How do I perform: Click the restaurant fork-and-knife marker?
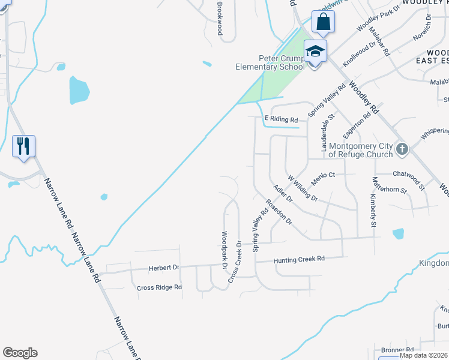pyautogui.click(x=23, y=146)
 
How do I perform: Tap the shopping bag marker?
pyautogui.click(x=322, y=22)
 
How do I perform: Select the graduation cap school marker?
pyautogui.click(x=315, y=51)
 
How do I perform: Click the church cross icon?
pyautogui.click(x=402, y=148)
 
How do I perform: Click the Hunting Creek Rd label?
pyautogui.click(x=299, y=259)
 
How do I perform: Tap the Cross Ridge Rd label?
pyautogui.click(x=159, y=287)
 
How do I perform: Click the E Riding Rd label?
pyautogui.click(x=282, y=120)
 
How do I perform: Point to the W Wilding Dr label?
pyautogui.click(x=302, y=187)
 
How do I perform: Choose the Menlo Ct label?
pyautogui.click(x=322, y=175)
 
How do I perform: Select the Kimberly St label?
pyautogui.click(x=373, y=210)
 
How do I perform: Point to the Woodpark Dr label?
pyautogui.click(x=224, y=250)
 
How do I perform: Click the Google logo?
pyautogui.click(x=20, y=353)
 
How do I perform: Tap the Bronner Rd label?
pyautogui.click(x=397, y=349)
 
